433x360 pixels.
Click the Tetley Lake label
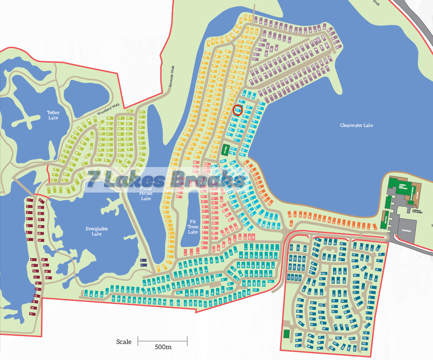(53, 115)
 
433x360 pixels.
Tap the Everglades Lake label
(97, 231)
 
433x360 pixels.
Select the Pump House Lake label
(146, 193)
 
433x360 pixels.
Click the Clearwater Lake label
(356, 125)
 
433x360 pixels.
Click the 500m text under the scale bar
(163, 347)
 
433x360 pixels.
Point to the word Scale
(124, 342)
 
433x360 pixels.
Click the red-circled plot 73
(237, 110)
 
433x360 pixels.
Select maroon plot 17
(31, 313)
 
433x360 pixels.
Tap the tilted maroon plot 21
(41, 201)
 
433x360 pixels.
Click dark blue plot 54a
(323, 274)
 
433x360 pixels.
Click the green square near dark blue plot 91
(286, 333)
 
